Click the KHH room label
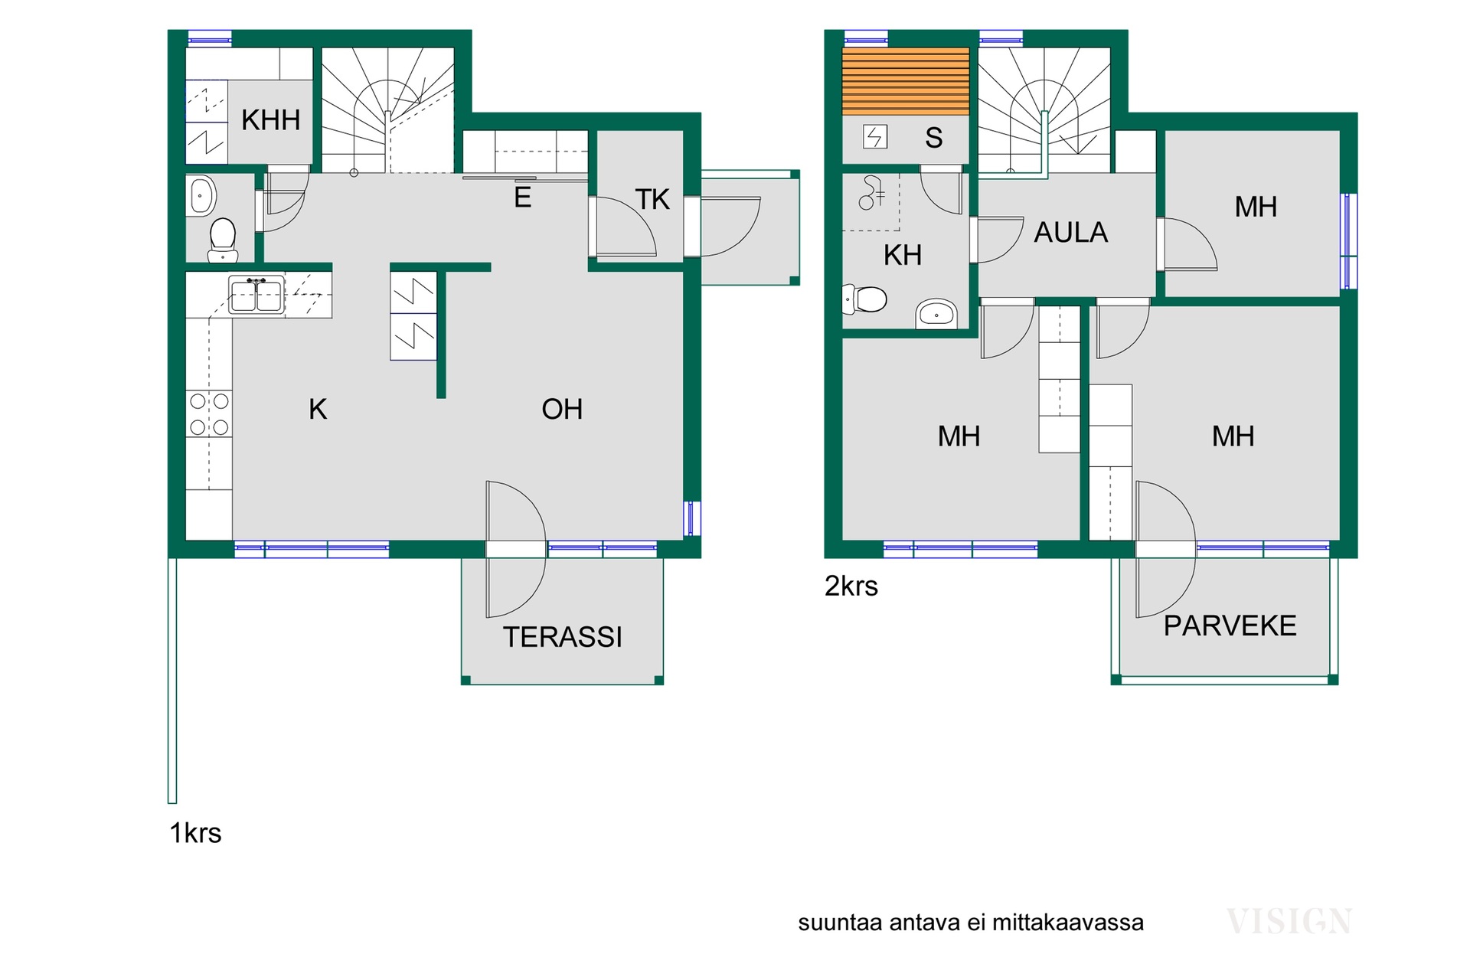point(270,120)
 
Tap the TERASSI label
point(563,637)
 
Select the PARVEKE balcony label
point(1230,626)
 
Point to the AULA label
point(1070,232)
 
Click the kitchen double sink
point(256,295)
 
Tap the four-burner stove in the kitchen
point(209,413)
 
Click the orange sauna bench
point(906,81)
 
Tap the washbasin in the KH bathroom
point(936,313)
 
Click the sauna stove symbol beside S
point(875,137)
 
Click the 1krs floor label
point(195,833)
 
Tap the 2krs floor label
point(851,586)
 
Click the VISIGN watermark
point(1289,921)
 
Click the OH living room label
point(562,410)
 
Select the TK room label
point(652,200)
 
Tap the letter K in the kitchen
point(318,410)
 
